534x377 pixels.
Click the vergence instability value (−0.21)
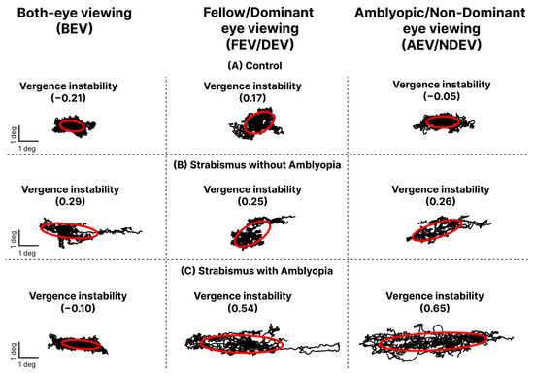(x=69, y=98)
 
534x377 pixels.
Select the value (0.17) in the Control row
(x=252, y=98)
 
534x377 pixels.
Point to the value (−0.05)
(x=442, y=96)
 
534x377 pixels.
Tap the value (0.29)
(x=70, y=201)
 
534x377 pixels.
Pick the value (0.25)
(x=252, y=201)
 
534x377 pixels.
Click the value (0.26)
(x=441, y=201)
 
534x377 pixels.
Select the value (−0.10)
(x=78, y=308)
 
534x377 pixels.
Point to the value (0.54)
(x=243, y=308)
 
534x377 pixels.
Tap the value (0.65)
(x=435, y=308)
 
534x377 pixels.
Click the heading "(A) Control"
(x=254, y=66)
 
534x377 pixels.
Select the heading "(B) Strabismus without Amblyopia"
(x=257, y=165)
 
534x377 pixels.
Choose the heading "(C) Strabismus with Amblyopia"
(x=256, y=271)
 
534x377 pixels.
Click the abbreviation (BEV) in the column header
(x=75, y=28)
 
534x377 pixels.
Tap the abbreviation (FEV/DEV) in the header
(x=260, y=45)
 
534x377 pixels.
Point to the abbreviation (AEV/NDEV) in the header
(x=442, y=45)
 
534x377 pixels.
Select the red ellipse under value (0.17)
(x=245, y=123)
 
